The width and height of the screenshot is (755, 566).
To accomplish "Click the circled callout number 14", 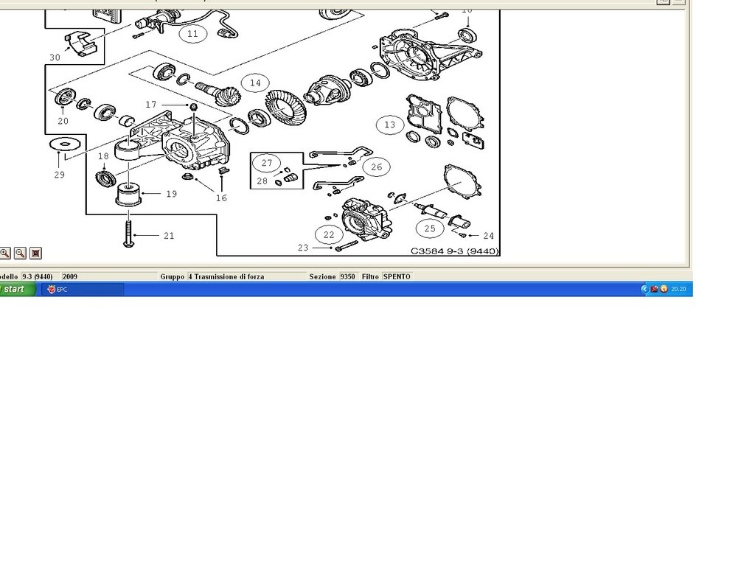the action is (255, 83).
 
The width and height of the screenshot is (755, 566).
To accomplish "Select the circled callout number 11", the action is (192, 34).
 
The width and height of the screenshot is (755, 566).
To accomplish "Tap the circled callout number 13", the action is (389, 125).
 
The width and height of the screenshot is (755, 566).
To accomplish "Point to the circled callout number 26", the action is (377, 167).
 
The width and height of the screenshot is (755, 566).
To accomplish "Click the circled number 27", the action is (267, 163).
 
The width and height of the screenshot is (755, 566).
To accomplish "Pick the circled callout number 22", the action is (329, 235).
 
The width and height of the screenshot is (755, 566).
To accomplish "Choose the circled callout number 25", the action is (430, 228).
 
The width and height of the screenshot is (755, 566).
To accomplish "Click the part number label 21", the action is (169, 236).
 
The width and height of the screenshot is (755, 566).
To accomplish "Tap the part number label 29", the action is (59, 175).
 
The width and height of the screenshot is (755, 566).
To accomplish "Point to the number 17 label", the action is (150, 105).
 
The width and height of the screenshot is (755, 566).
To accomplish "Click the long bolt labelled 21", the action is (128, 234).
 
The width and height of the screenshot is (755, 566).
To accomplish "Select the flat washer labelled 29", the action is (66, 144).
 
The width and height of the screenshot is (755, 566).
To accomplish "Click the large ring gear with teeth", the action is (285, 108).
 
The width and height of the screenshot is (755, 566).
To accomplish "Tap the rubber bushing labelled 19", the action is (128, 195).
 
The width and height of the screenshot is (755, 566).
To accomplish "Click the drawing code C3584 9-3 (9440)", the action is (454, 251).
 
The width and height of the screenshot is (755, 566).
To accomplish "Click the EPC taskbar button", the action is (83, 289).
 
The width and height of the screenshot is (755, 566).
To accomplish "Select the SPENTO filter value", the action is (397, 277).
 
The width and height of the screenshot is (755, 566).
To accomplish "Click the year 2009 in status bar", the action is (70, 277).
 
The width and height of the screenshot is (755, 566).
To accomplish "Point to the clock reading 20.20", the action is (678, 289).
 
